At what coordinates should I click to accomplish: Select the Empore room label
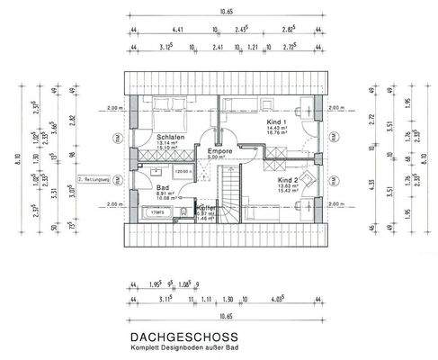(x=220, y=150)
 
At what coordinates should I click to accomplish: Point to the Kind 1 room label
(x=277, y=121)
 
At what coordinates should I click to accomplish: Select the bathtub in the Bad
(x=156, y=213)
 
